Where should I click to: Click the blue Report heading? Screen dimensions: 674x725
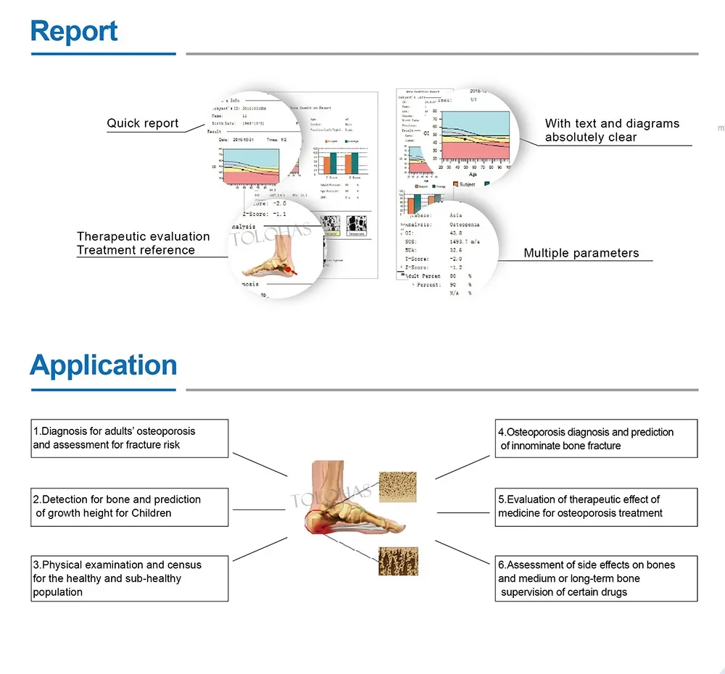coord(74,32)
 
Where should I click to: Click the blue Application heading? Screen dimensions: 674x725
coord(103,365)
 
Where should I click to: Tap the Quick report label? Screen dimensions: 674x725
coord(142,123)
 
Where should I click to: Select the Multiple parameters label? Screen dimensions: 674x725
coord(581,254)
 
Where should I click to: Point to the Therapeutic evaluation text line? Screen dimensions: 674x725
coord(144,236)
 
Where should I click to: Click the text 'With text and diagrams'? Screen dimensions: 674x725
coord(612,124)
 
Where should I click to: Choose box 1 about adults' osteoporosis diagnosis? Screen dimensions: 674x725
coord(130,438)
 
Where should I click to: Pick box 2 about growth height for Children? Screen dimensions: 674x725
coord(130,506)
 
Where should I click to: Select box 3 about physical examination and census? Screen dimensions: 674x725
coord(130,578)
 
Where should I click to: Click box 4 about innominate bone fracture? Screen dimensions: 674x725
coord(597,438)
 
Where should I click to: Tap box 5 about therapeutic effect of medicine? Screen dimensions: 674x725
coord(597,506)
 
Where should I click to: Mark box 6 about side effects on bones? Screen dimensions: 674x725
coord(597,578)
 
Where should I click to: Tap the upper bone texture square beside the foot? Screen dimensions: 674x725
coord(398,487)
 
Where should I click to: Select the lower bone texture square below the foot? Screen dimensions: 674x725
coord(397,559)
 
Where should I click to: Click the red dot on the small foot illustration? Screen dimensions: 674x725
coord(289,270)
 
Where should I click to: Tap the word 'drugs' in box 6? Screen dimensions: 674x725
coord(612,592)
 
